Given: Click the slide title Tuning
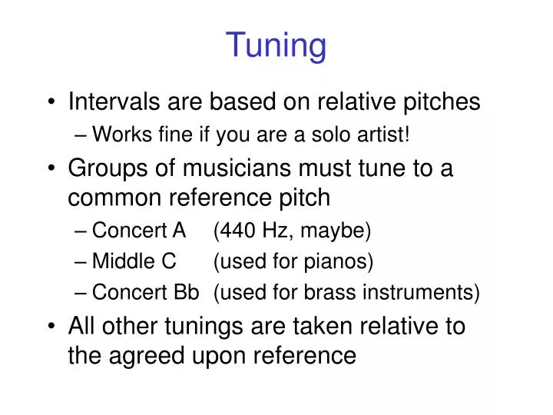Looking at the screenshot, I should click(x=276, y=45).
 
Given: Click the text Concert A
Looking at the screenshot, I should click(x=139, y=230).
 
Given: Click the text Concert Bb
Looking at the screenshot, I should click(x=146, y=293).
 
